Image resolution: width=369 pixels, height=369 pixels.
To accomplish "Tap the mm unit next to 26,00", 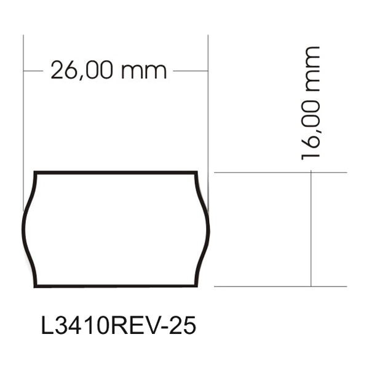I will click(144, 71).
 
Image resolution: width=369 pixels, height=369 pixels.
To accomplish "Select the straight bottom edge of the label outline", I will click(117, 286).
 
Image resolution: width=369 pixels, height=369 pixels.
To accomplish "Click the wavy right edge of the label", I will click(208, 229).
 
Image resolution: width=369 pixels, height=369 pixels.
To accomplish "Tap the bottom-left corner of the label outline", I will click(34, 286).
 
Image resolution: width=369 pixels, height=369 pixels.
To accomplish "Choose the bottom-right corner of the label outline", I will click(198, 286).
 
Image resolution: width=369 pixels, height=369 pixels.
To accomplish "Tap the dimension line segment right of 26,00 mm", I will click(191, 71).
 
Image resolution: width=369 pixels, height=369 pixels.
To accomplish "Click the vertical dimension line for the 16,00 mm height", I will click(311, 229).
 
